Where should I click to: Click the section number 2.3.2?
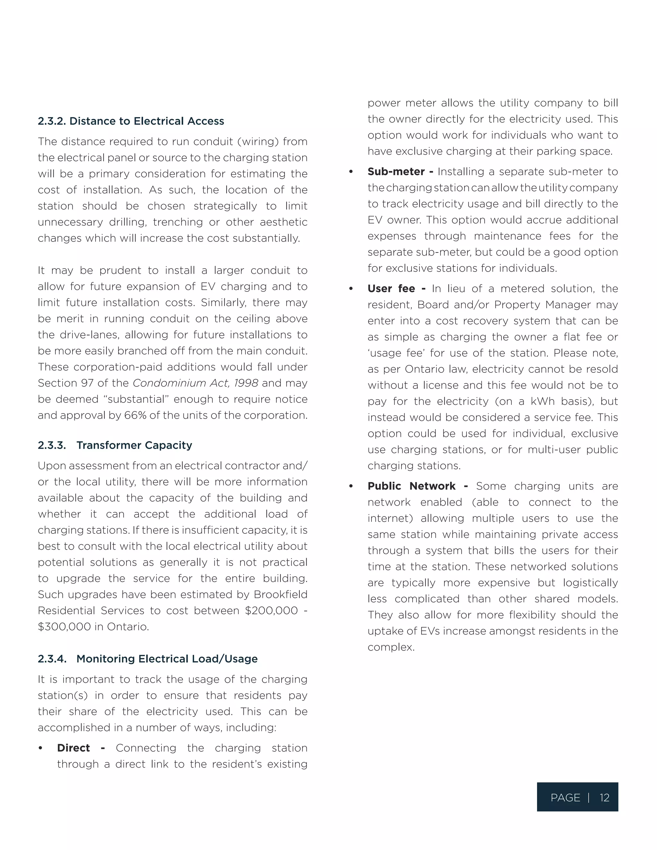coord(52,121)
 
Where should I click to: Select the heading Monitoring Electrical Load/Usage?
coord(166,659)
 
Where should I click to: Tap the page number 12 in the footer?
coord(604,798)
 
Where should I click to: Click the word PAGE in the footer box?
coord(565,798)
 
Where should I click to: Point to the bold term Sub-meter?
coord(396,172)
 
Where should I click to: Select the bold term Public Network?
coord(411,486)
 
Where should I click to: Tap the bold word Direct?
coord(73,748)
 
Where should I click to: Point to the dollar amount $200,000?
coord(271,611)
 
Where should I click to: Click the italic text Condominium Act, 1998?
coord(195,383)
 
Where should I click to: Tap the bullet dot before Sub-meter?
coord(351,172)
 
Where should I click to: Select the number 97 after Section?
coord(88,383)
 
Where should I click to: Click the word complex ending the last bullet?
coord(390,647)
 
